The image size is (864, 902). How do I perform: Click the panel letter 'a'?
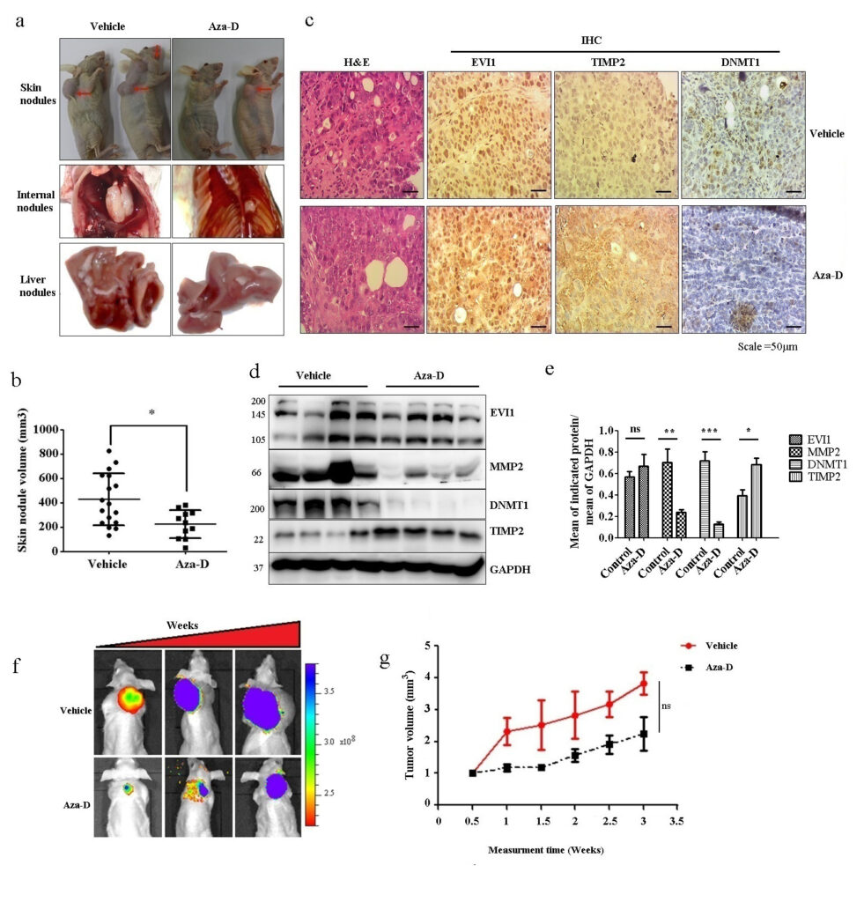19,20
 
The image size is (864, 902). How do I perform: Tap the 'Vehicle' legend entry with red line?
721,646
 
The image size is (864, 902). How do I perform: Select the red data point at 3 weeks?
644,684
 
